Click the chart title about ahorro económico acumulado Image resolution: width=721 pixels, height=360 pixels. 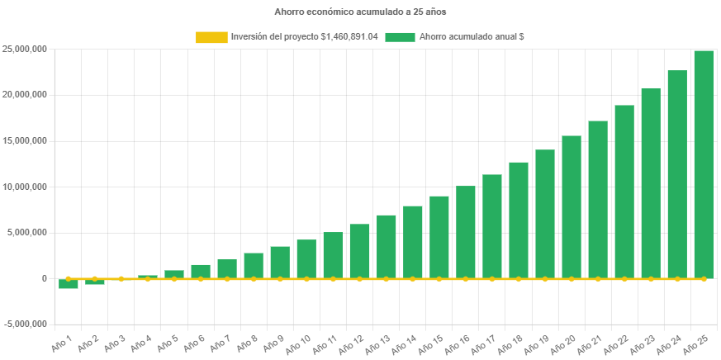[360, 12]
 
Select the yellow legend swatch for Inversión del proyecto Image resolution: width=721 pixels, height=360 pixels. [211, 37]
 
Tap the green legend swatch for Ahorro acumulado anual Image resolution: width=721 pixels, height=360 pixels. [400, 37]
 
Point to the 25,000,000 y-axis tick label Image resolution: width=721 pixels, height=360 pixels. [24, 49]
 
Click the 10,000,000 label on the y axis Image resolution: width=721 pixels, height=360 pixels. [24, 187]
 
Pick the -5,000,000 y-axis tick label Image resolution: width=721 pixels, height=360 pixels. [24, 324]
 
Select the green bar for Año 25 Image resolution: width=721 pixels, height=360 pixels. [704, 165]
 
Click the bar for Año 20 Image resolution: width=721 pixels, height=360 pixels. [572, 206]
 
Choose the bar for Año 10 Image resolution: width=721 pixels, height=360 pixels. [306, 258]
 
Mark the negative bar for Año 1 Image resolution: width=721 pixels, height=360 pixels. [69, 284]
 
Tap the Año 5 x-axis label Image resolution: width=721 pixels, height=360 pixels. [168, 342]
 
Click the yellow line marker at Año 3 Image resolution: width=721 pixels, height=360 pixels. [121, 279]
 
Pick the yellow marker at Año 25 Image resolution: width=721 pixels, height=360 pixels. [704, 279]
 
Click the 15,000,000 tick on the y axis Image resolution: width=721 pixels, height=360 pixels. [24, 140]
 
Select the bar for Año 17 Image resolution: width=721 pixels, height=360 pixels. [492, 226]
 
